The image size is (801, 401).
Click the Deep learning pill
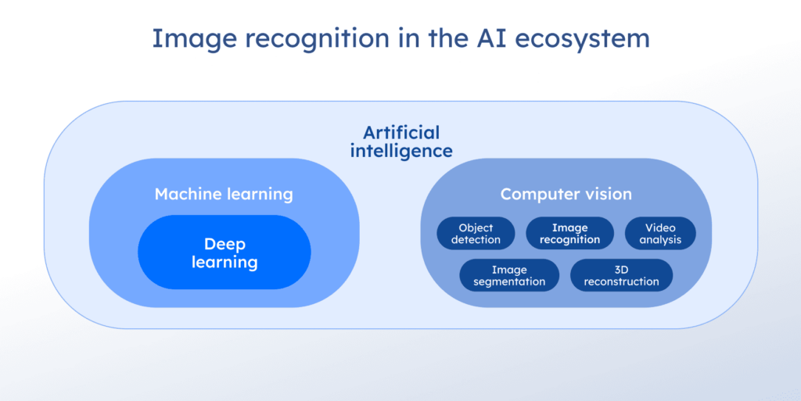click(224, 252)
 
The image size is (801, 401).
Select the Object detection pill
click(476, 234)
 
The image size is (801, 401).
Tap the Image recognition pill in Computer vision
click(569, 234)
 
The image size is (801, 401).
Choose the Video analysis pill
click(660, 234)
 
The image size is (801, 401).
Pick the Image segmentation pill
click(509, 275)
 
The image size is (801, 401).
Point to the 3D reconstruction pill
click(621, 275)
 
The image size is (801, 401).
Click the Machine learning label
click(224, 194)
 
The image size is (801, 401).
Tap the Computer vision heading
click(566, 194)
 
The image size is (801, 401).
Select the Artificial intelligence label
click(400, 141)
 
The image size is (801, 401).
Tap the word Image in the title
click(188, 38)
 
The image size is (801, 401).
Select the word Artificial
click(401, 132)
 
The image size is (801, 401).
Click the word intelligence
click(401, 151)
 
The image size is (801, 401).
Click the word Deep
click(224, 244)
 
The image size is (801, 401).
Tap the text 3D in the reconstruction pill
click(621, 270)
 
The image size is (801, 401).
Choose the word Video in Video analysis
click(660, 228)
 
